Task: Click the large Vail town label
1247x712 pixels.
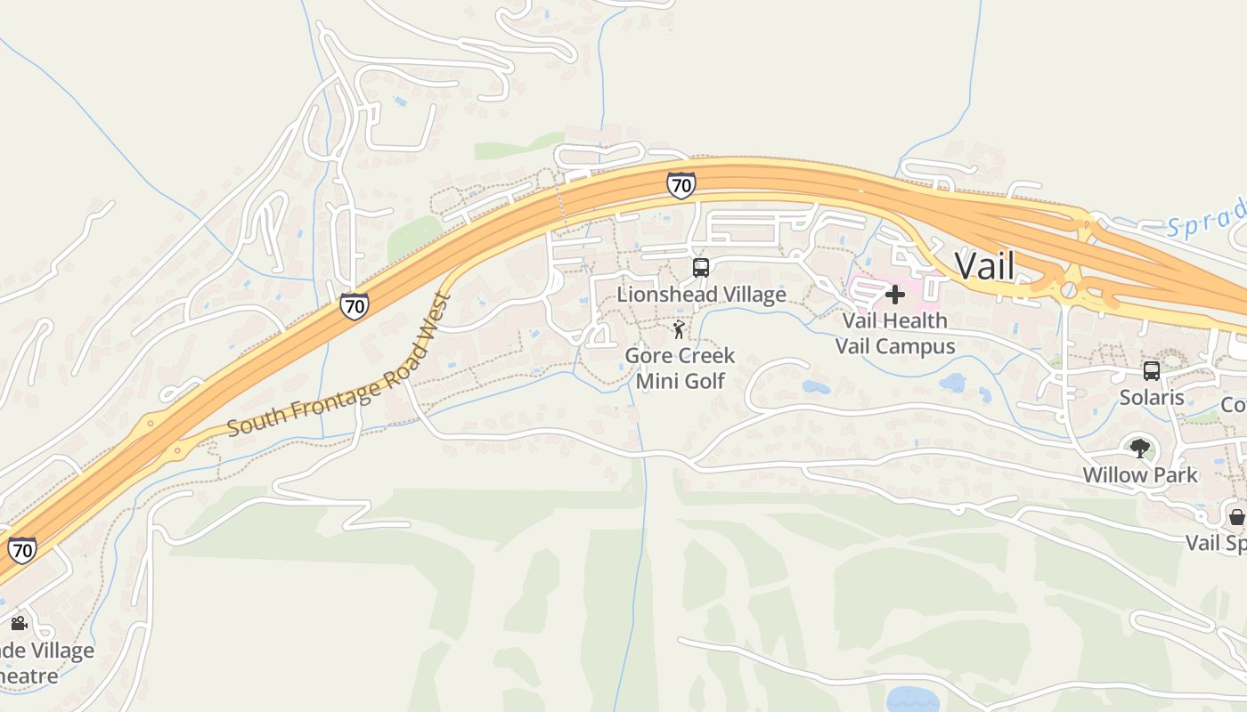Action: (984, 265)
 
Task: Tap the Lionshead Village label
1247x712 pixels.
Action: (702, 295)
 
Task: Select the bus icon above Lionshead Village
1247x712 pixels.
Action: (701, 267)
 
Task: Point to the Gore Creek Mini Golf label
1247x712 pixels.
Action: (680, 368)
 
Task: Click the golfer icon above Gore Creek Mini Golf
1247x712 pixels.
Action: (680, 330)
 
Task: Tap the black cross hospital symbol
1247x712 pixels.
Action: (895, 295)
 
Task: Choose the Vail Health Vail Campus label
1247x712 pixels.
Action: (895, 333)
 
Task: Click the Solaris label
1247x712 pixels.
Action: (1152, 398)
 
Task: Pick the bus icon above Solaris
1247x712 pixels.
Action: (1152, 370)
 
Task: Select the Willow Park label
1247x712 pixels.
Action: (1140, 474)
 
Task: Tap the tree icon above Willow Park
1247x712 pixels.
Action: (1139, 448)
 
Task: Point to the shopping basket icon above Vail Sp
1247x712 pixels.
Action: (1236, 516)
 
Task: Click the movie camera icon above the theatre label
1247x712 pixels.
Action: (19, 623)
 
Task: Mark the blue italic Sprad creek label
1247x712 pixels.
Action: (1207, 219)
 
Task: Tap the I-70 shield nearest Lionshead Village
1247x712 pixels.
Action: (681, 185)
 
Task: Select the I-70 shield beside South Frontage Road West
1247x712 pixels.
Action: (355, 307)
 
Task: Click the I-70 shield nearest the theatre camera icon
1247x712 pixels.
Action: (22, 549)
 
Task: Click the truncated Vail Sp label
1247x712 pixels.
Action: (1216, 543)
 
